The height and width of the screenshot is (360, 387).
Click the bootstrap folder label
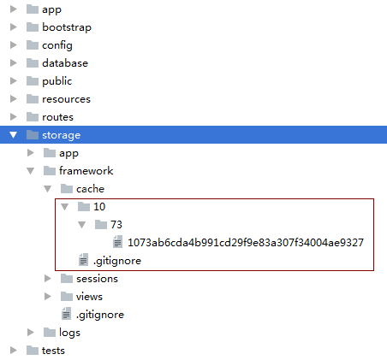[x=67, y=27]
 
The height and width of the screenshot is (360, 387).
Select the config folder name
[x=57, y=45]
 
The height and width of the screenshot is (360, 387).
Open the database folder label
[x=65, y=63]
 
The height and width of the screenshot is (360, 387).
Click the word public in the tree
[x=57, y=81]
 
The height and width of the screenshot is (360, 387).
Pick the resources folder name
[x=66, y=99]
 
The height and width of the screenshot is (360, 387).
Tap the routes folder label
[x=57, y=117]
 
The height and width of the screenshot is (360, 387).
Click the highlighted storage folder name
[x=61, y=135]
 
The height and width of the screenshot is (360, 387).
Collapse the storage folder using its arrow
[x=13, y=135]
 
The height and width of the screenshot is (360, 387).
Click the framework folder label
[x=86, y=171]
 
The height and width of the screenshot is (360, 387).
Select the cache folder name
[x=90, y=189]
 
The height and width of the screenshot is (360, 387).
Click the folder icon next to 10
[x=84, y=206]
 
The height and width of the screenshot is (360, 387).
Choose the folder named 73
[x=116, y=225]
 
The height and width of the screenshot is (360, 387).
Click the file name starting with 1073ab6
[x=246, y=243]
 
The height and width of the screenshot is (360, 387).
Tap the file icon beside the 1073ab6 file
[x=117, y=241]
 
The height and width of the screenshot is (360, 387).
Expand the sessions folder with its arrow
[x=48, y=279]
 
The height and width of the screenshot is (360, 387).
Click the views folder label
[x=89, y=297]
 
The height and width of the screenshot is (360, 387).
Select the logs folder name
[x=69, y=333]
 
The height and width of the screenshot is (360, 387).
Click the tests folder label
[x=53, y=351]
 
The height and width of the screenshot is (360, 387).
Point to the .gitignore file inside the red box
[x=117, y=261]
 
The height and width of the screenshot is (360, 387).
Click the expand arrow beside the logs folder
[x=31, y=333]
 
